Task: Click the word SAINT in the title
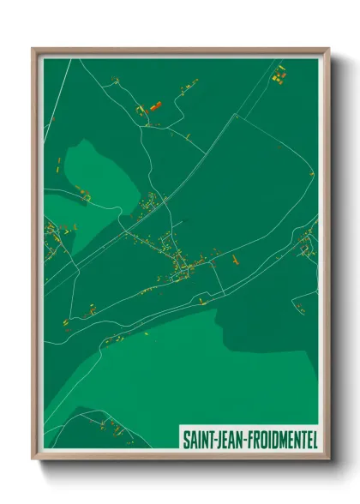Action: tap(199, 439)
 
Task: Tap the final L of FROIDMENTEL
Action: tap(313, 439)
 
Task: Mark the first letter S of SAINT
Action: tap(186, 439)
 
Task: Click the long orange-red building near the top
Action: tap(155, 106)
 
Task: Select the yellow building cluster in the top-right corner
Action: tap(278, 78)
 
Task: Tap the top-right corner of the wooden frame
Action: tap(327, 50)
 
